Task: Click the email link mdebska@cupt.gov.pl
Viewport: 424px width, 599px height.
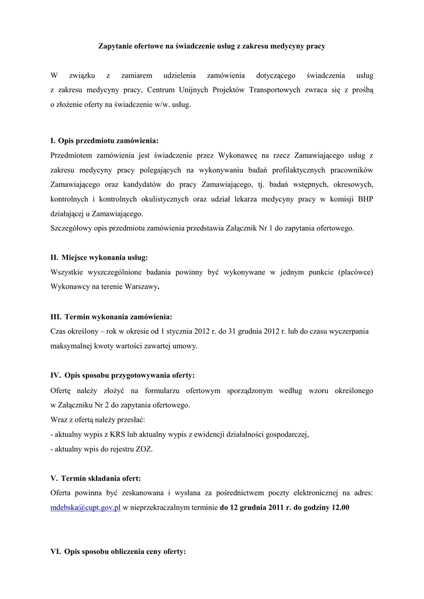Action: point(85,508)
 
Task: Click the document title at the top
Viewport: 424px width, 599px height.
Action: point(211,45)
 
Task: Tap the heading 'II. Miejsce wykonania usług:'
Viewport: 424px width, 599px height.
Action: point(99,257)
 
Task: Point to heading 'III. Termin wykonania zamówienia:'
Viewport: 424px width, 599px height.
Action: point(111,317)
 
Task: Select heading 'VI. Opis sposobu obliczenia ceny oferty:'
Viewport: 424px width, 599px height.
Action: point(118,551)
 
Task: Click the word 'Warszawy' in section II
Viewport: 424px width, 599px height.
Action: point(143,287)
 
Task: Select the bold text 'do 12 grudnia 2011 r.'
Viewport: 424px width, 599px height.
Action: point(256,508)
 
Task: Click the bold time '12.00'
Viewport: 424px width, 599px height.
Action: point(340,508)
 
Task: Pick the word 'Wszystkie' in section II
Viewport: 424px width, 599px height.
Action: point(68,272)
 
